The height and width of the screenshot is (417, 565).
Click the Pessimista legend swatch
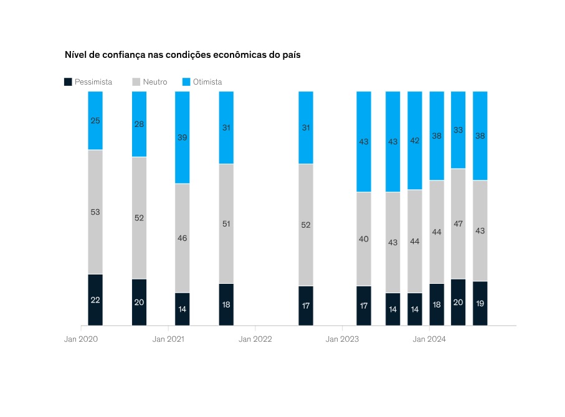tap(68, 82)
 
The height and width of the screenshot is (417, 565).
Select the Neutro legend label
tap(154, 82)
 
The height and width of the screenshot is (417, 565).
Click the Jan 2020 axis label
tap(81, 339)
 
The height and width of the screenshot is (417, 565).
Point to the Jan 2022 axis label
tap(255, 339)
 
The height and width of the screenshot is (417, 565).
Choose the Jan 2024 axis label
tap(429, 339)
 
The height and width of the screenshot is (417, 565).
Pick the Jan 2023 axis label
tap(342, 339)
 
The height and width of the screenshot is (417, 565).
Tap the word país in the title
tap(290, 55)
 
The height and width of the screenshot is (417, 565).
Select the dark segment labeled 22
tap(95, 299)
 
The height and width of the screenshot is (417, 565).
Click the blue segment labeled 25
tap(95, 120)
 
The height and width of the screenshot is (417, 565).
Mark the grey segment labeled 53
tap(95, 212)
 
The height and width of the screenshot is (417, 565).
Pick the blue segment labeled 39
tap(183, 137)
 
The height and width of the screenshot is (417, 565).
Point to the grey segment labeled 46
tap(183, 238)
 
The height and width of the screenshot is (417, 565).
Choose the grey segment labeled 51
tap(226, 223)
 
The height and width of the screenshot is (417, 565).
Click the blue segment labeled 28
tap(139, 124)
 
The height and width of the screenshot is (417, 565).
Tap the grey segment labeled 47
tap(458, 223)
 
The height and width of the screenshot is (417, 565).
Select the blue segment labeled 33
tap(458, 129)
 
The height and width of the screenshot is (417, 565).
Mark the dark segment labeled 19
tap(480, 303)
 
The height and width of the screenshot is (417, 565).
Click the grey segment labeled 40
tap(364, 239)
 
